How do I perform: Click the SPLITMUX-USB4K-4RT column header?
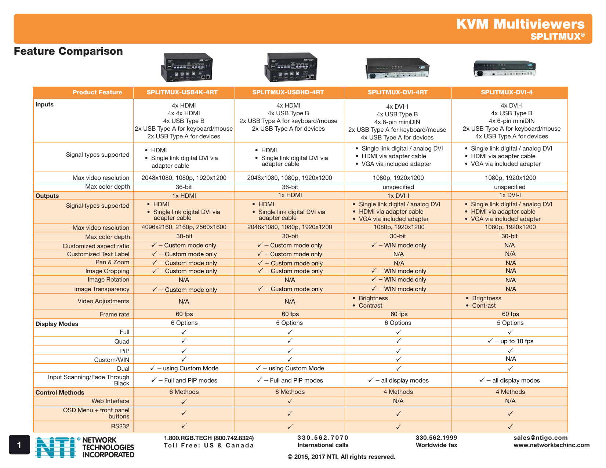click(182, 92)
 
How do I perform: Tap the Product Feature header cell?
click(97, 92)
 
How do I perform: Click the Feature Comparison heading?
click(68, 51)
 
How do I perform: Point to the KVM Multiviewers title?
click(520, 24)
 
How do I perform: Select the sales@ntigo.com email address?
click(540, 438)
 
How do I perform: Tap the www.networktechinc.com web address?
click(551, 445)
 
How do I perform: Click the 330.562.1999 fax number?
click(436, 438)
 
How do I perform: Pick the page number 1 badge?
click(19, 445)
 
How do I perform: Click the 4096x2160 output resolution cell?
click(184, 227)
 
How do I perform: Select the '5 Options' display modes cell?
click(510, 323)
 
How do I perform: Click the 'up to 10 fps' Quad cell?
click(510, 341)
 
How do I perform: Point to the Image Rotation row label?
click(108, 280)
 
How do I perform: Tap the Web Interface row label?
click(110, 401)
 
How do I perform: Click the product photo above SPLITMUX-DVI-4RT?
click(398, 69)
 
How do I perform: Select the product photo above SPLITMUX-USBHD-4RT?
click(290, 68)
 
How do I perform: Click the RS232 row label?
click(120, 427)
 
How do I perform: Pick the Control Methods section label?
click(60, 393)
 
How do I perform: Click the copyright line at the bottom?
click(341, 457)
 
